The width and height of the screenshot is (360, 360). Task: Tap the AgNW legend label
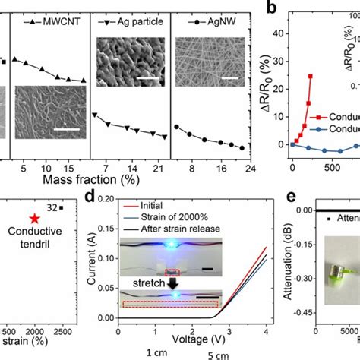213,24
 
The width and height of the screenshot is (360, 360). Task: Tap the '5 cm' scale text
203,354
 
